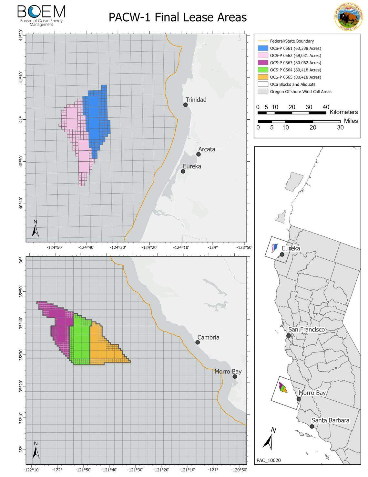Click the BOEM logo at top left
(x=41, y=15)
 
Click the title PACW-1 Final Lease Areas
(x=178, y=17)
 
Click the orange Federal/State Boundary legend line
(x=262, y=41)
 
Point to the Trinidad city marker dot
(x=185, y=104)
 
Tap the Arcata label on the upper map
(x=207, y=149)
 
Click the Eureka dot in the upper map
(x=183, y=171)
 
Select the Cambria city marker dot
(x=198, y=342)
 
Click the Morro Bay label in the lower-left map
(x=228, y=372)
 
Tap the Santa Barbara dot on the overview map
(x=312, y=426)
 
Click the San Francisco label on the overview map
(x=306, y=330)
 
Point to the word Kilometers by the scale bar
(x=343, y=112)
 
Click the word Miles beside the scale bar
(x=351, y=121)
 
